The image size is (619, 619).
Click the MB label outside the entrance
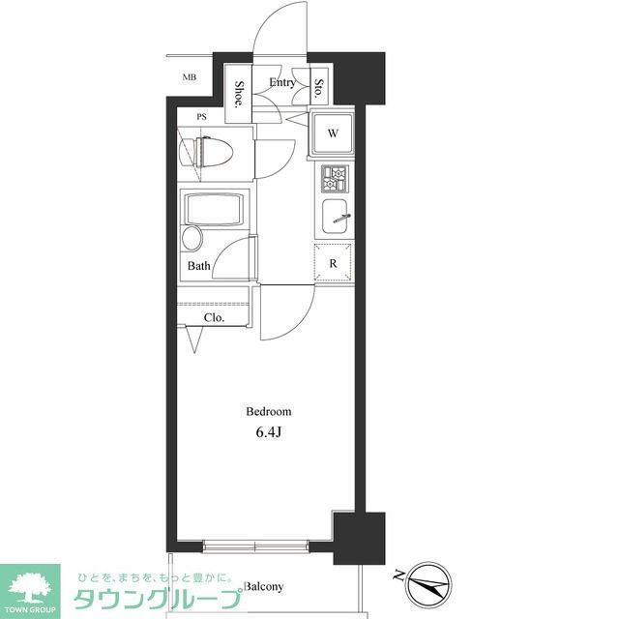[x=190, y=77]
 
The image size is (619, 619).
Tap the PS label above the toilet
[x=202, y=117]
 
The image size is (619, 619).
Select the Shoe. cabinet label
[x=239, y=95]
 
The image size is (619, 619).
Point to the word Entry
[x=282, y=82]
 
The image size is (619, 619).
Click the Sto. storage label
[x=318, y=88]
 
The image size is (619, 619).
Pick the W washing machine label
[x=333, y=133]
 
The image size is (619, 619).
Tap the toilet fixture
[x=206, y=152]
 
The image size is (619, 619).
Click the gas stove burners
[x=335, y=179]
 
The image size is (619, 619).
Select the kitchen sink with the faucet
[x=336, y=217]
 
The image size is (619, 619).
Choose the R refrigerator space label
[x=333, y=263]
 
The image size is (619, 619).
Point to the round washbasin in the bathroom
[x=192, y=239]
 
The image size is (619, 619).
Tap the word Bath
[x=199, y=266]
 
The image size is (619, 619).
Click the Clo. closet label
[x=215, y=318]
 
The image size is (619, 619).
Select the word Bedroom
[x=269, y=412]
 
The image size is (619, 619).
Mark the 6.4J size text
[x=269, y=432]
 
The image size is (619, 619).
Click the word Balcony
[x=264, y=587]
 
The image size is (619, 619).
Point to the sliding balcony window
[x=255, y=547]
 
